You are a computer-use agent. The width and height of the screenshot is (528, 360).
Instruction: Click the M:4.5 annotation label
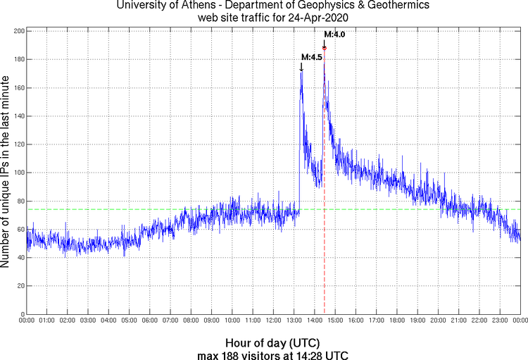coord(311,57)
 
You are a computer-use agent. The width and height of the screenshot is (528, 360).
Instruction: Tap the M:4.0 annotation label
coord(334,34)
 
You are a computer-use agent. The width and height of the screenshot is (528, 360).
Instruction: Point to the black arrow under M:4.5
coord(301,67)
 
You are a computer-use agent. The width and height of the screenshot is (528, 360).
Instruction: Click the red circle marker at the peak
coord(325,48)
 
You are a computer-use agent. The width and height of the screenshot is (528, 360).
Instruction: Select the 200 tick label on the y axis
coord(18,32)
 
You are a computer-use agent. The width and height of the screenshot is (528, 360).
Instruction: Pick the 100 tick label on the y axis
coord(18,173)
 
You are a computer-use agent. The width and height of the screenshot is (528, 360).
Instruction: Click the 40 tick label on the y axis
coord(20,257)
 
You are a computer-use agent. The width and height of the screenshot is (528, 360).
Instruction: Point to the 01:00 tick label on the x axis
coord(47,321)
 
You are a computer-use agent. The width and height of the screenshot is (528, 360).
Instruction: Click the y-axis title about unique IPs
coord(6,173)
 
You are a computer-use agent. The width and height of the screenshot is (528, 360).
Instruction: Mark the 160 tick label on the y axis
coord(18,88)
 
